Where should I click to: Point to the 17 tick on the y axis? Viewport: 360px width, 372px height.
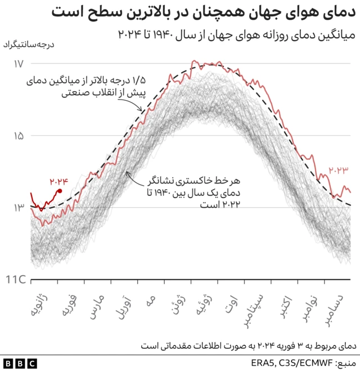[x=18, y=64]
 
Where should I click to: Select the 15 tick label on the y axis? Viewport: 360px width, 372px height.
[x=18, y=136]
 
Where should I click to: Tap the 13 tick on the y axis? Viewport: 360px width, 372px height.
[x=18, y=208]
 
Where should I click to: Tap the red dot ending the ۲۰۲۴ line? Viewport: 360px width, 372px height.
[x=60, y=191]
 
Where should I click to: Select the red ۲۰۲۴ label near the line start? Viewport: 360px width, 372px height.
[x=58, y=181]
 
